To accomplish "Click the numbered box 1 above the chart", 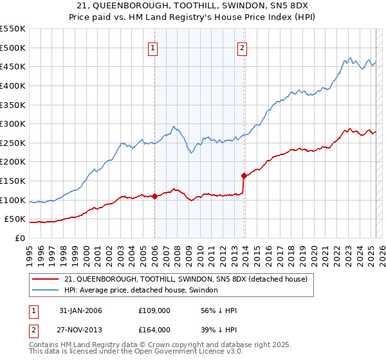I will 154,47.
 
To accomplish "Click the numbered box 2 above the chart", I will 243,47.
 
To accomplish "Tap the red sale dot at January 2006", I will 154,197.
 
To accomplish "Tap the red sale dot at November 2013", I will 244,175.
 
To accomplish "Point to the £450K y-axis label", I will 13,66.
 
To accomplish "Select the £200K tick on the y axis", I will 13,162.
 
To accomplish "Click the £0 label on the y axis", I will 19,238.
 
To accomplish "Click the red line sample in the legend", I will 46,279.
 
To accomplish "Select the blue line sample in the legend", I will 46,290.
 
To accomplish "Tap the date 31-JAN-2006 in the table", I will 80,310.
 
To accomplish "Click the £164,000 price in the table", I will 154,329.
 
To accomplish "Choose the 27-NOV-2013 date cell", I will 80,329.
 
